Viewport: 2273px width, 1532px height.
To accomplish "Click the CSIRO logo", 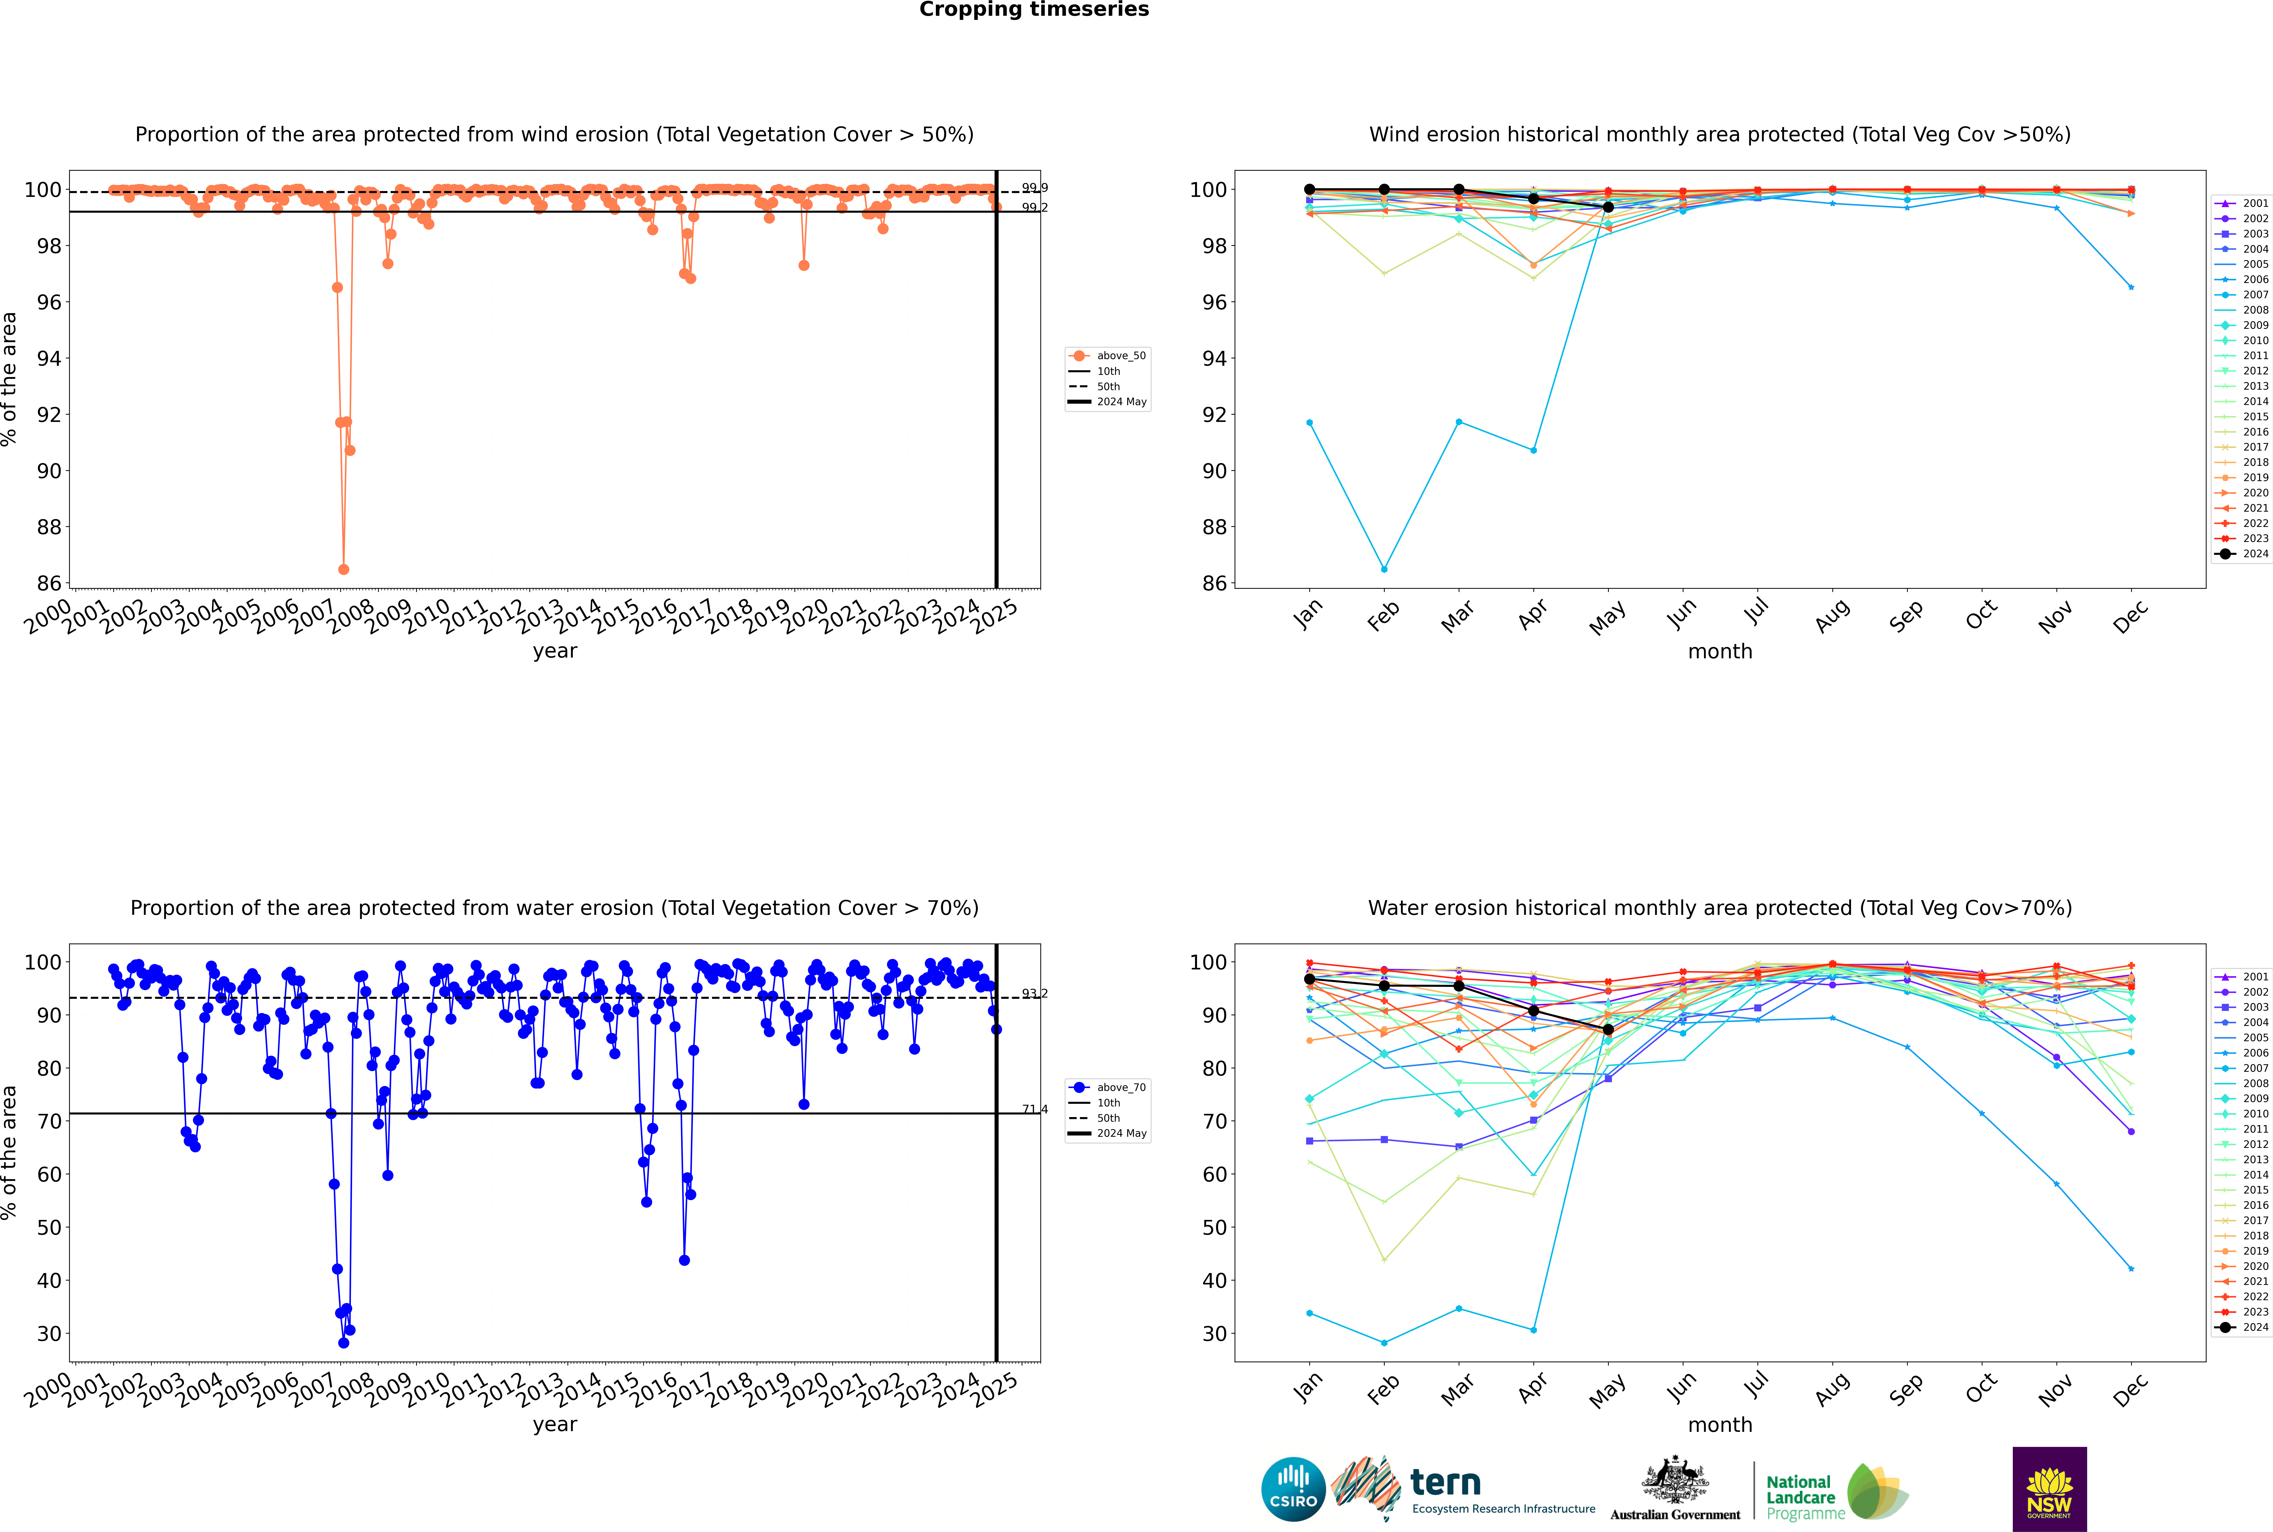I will (x=1293, y=1489).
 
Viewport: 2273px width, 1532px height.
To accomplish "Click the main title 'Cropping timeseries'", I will (x=1034, y=10).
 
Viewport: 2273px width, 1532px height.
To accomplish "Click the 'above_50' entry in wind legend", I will (x=1120, y=356).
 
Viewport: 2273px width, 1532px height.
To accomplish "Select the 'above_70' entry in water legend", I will (x=1120, y=1088).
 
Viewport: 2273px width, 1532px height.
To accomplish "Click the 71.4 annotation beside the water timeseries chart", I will (x=1035, y=1109).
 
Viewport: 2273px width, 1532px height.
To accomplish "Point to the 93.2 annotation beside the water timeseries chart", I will (x=1035, y=994).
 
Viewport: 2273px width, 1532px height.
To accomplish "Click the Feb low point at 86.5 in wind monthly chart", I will (x=1384, y=569).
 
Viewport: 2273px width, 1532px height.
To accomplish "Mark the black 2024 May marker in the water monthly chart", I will (x=1609, y=1030).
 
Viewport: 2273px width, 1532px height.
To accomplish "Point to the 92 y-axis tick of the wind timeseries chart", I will (x=49, y=414).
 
